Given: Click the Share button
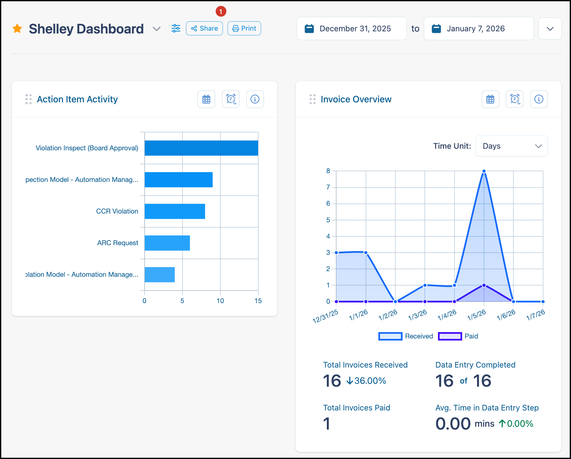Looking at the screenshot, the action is coord(204,28).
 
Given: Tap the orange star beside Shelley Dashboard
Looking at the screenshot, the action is coord(17,28).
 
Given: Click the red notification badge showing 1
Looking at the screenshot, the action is coord(221,12).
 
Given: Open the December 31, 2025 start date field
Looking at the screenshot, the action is coord(352,28).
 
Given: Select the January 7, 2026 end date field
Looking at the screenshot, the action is coord(479,28).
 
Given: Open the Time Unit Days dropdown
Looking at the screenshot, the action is coord(512,146).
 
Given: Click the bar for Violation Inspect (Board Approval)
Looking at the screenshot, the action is coord(201,148).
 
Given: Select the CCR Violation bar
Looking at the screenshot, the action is coord(175,211).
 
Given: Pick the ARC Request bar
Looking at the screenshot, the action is coord(167,243).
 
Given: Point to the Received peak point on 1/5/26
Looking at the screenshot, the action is coord(484,171).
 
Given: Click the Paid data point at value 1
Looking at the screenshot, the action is coord(484,285).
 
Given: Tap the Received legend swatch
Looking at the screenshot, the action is coord(390,336).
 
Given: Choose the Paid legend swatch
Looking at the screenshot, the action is coord(450,336).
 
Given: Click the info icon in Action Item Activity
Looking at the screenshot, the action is coord(255,99).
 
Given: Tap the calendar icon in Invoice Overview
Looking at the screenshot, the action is coord(490,99).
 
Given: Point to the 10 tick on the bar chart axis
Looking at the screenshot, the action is coord(220,301).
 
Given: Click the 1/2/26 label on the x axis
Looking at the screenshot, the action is coord(388,315).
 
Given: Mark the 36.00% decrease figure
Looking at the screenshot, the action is coord(366,381).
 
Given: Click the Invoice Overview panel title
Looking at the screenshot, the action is coord(356,99).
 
